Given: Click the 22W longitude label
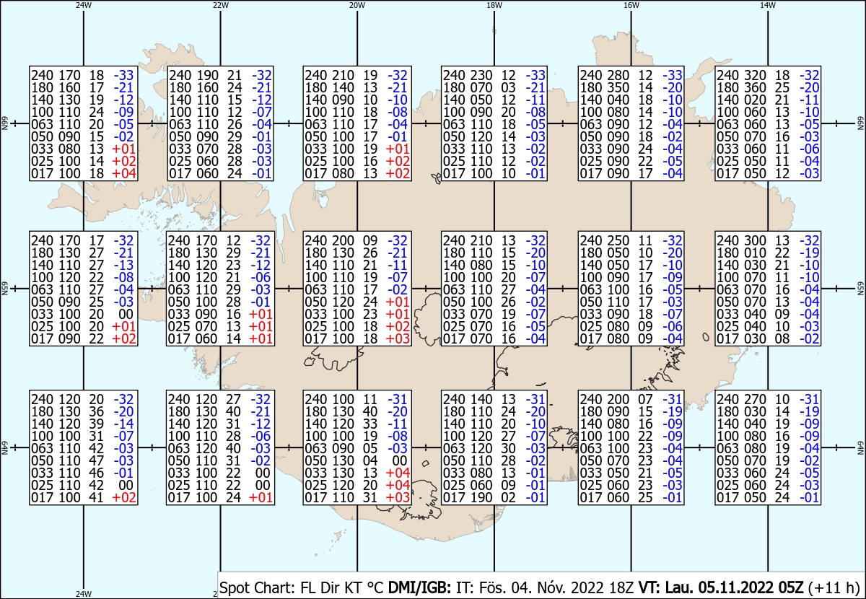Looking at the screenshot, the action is (220, 5).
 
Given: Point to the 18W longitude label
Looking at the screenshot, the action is (494, 5).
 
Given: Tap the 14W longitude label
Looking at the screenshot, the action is (768, 5).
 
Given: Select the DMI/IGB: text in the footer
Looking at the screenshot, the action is (419, 587).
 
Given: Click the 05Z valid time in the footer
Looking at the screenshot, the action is (790, 587).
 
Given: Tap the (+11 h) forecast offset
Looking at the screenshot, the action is (833, 587).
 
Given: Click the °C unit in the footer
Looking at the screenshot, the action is (373, 587).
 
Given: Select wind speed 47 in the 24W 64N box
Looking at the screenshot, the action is (97, 460).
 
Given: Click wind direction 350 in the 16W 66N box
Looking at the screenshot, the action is (618, 87).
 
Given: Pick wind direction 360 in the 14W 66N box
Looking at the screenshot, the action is (756, 87).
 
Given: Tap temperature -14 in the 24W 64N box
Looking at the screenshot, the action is (123, 424).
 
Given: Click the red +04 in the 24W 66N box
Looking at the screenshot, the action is (123, 173).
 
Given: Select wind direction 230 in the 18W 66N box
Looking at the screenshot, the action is (482, 75).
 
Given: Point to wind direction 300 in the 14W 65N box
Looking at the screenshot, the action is (756, 240).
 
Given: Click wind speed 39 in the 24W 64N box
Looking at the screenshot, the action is (97, 424).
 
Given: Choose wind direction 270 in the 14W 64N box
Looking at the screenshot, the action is (756, 399).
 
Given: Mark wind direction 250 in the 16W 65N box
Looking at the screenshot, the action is (618, 240).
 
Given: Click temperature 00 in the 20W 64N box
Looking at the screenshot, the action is (400, 460).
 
